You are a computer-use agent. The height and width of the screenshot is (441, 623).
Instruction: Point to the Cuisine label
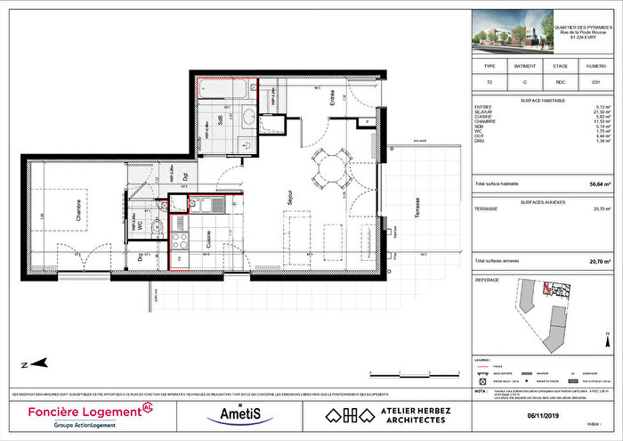click(209, 239)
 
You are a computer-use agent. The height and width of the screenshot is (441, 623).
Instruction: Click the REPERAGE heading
click(488, 279)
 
